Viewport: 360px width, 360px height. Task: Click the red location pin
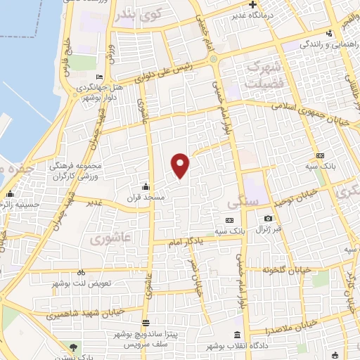(x=181, y=165)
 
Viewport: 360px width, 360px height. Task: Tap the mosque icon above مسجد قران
(x=146, y=186)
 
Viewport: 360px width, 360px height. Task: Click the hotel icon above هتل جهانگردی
(x=99, y=77)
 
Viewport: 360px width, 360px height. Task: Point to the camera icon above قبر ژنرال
(x=268, y=219)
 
